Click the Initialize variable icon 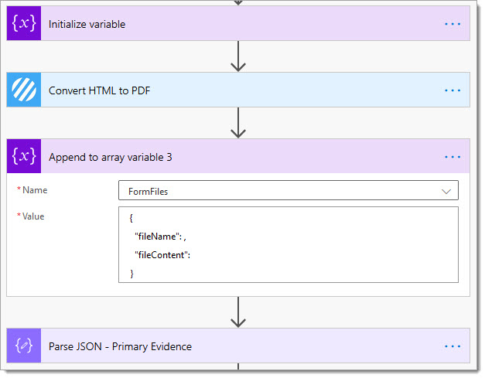(x=24, y=23)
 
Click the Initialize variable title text (x=87, y=24)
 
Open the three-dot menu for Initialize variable (x=453, y=24)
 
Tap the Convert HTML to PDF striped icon (x=24, y=90)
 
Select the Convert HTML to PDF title (x=99, y=90)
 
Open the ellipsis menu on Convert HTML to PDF (x=453, y=90)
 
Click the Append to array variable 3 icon (x=24, y=156)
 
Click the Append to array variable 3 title (x=110, y=158)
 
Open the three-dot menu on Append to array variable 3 (x=453, y=157)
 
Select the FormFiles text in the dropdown (x=149, y=192)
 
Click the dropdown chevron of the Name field (x=446, y=192)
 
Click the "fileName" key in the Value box (x=158, y=237)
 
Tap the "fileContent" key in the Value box (x=161, y=255)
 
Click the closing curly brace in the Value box (x=131, y=274)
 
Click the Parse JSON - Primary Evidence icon (x=24, y=346)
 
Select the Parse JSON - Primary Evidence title (x=121, y=346)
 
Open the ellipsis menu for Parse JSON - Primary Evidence (x=453, y=346)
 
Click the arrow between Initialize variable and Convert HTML (x=238, y=56)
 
